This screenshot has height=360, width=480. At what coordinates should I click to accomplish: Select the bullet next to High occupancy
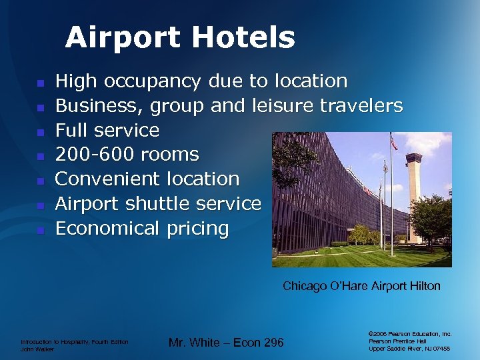click(x=40, y=83)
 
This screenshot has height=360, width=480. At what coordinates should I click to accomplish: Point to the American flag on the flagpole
click(x=394, y=143)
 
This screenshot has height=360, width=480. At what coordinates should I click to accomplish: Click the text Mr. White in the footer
click(x=193, y=343)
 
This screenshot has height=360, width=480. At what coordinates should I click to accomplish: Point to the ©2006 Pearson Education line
click(x=410, y=333)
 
